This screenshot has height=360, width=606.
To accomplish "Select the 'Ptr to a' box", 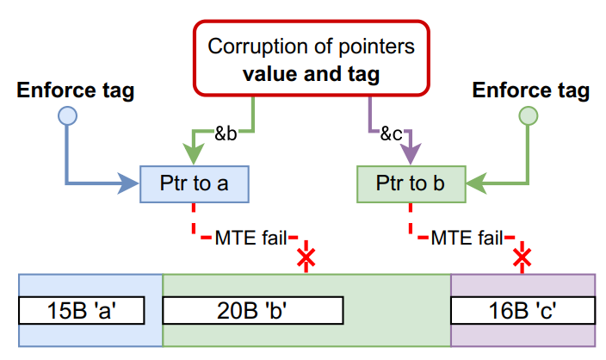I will pos(195,183).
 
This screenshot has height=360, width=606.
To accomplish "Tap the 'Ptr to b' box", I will pos(411,183).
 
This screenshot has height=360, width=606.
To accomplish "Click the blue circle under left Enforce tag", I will pos(66,117).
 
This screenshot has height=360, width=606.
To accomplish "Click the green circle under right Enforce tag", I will pos(529,117).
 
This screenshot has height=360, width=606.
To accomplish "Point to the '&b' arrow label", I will pos(226,133).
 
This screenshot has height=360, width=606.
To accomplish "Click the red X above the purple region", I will pos(521,258).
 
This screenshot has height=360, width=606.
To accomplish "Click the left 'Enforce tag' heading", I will pos(76,91).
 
